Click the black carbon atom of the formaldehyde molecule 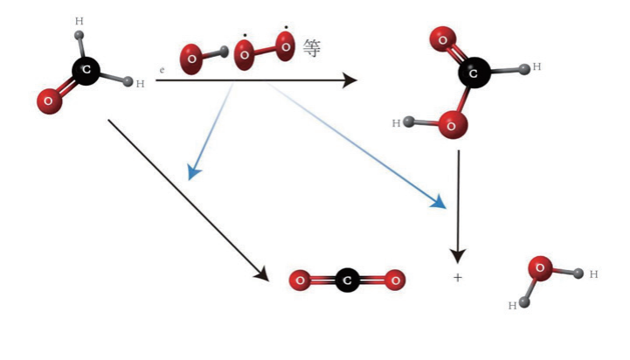point(86,69)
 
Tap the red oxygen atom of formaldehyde point(48,100)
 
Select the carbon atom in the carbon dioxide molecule point(348,280)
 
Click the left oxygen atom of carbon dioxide point(300,280)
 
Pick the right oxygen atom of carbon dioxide point(396,280)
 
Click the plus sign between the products point(457,278)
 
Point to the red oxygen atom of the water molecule point(540,267)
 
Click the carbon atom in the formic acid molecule point(473,75)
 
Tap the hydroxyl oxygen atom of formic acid point(452,125)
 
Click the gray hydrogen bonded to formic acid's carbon point(525,67)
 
